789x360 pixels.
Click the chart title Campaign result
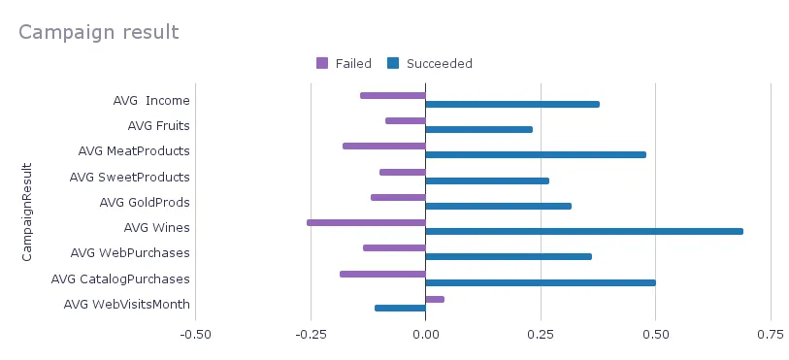[98, 32]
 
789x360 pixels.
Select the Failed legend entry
[345, 64]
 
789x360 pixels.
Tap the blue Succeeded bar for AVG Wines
[584, 231]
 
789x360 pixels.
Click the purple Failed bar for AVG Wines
[367, 222]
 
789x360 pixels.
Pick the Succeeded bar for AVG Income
[512, 104]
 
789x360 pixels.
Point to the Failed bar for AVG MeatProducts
[384, 147]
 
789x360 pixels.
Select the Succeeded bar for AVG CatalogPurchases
[541, 282]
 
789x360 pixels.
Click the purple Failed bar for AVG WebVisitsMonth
[435, 299]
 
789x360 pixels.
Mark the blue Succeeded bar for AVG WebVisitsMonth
[400, 308]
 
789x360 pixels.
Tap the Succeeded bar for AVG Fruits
[479, 129]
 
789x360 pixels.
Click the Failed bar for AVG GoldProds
[398, 197]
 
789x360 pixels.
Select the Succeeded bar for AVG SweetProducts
[487, 180]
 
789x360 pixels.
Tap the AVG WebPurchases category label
[130, 253]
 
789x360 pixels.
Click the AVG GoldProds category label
[145, 203]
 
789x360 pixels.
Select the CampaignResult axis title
[28, 212]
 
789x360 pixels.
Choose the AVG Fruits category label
[158, 126]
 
